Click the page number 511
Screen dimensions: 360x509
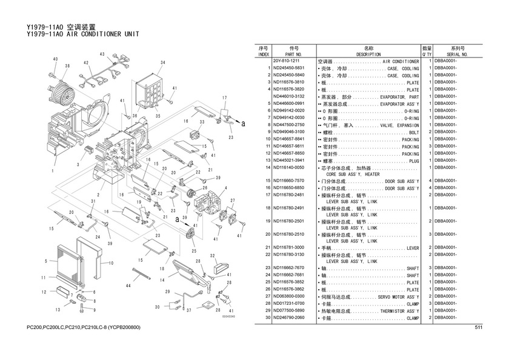click(x=477, y=328)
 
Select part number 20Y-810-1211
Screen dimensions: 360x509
click(x=287, y=61)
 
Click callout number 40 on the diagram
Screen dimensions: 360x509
click(x=55, y=59)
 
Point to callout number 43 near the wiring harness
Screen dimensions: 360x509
click(x=102, y=55)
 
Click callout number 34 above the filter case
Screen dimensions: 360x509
click(x=162, y=63)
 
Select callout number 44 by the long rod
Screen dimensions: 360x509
click(x=128, y=285)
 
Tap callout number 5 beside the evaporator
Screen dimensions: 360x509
click(x=46, y=261)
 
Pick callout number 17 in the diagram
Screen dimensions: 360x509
click(x=224, y=98)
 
